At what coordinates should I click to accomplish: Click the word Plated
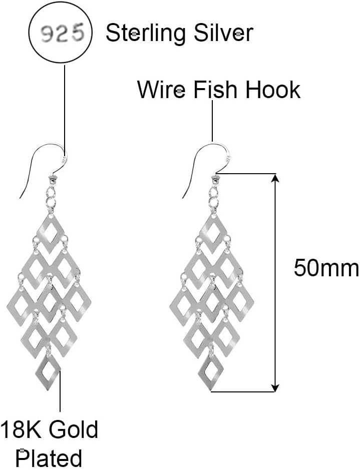pyautogui.click(x=49, y=458)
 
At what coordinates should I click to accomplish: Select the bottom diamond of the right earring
pyautogui.click(x=211, y=372)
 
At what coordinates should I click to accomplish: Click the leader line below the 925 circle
pyautogui.click(x=64, y=105)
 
